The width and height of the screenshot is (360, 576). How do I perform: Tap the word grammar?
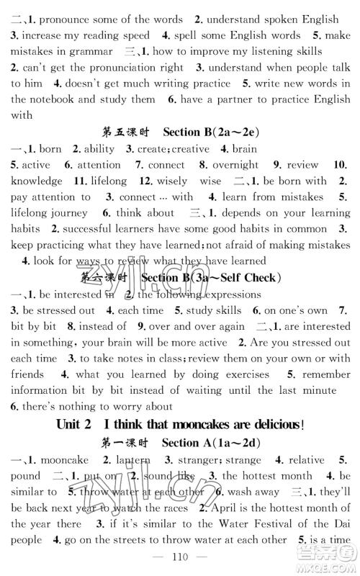click(88, 51)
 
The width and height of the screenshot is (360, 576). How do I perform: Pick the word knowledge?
click(37, 181)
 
